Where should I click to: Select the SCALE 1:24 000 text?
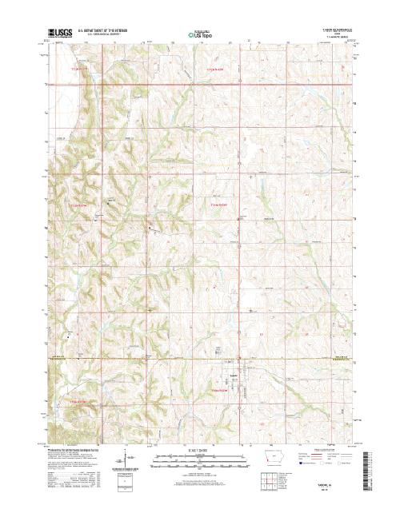coord(198,450)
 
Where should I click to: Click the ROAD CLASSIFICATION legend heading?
coord(323,450)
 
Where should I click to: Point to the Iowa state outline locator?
coord(274,461)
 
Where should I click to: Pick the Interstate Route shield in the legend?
coord(302,463)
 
